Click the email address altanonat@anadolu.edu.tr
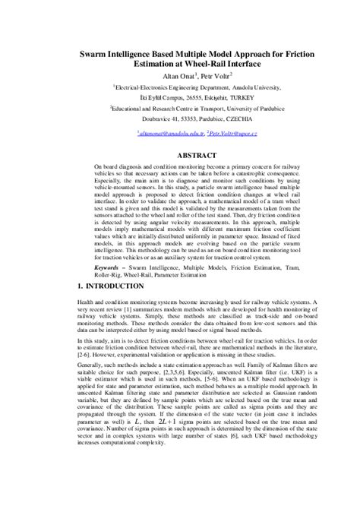click(x=168, y=132)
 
